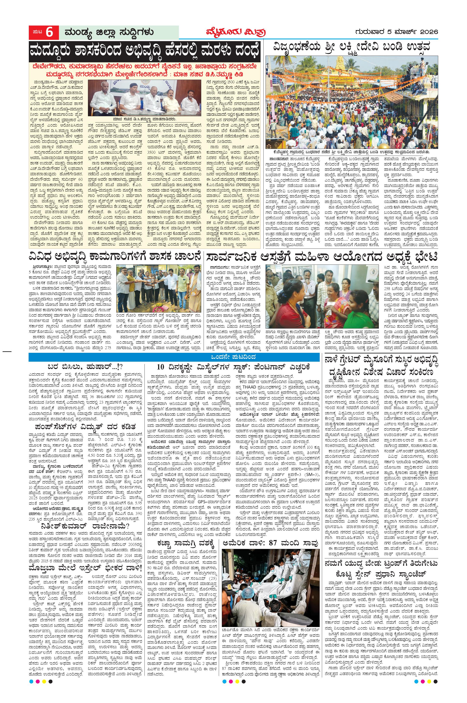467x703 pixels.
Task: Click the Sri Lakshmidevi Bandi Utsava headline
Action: click(x=352, y=48)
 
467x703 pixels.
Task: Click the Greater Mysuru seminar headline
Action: click(x=381, y=367)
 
